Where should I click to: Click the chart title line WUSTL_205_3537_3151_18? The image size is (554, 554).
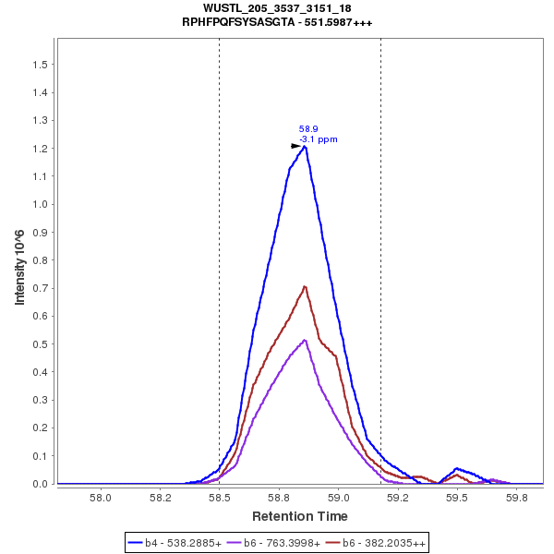tap(277, 8)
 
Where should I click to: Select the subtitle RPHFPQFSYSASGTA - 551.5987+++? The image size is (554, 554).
tap(277, 22)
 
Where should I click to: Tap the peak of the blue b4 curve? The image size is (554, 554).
tap(305, 146)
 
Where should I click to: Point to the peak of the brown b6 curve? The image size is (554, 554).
tap(305, 286)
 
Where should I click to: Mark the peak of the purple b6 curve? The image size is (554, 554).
tap(305, 340)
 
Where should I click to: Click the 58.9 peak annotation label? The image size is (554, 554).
tap(308, 129)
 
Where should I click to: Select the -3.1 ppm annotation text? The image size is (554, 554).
tap(319, 139)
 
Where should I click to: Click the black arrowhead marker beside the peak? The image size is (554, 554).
tap(296, 146)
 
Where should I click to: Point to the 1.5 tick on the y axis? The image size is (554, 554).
tap(41, 65)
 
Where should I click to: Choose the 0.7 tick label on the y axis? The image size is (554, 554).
tap(41, 288)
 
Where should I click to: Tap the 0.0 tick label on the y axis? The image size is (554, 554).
tap(41, 484)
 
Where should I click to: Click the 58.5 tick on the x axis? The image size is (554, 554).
tap(220, 497)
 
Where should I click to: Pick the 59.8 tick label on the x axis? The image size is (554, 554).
tap(518, 497)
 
